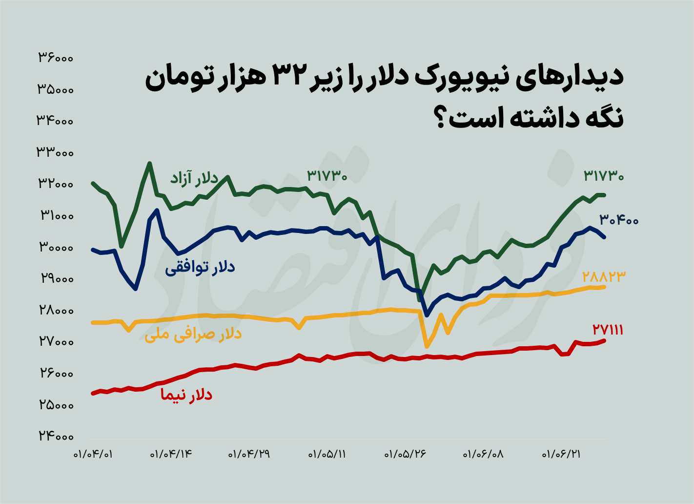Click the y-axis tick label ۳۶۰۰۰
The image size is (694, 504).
coord(56,58)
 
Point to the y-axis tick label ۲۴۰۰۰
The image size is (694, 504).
coord(56,437)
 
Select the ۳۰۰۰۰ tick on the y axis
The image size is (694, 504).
coord(56,248)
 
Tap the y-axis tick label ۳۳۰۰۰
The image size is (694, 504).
coord(56,153)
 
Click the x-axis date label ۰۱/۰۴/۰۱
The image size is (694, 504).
coord(93,455)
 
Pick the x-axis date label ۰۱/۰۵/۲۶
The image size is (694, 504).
coord(406,455)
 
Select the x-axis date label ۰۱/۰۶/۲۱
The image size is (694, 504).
coord(562,455)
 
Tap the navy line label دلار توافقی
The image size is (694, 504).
coord(200,267)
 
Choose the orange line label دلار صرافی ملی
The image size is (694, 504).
coord(193,335)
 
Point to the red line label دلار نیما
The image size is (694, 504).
coord(186,395)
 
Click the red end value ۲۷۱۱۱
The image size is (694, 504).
coord(608,331)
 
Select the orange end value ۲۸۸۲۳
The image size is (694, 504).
coord(604,277)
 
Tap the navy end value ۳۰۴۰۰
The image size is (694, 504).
coord(619,220)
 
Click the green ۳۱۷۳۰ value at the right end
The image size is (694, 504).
coord(604,176)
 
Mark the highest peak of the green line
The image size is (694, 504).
coord(150,164)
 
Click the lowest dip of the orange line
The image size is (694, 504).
coord(427,346)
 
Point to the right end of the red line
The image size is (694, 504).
coord(605,340)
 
